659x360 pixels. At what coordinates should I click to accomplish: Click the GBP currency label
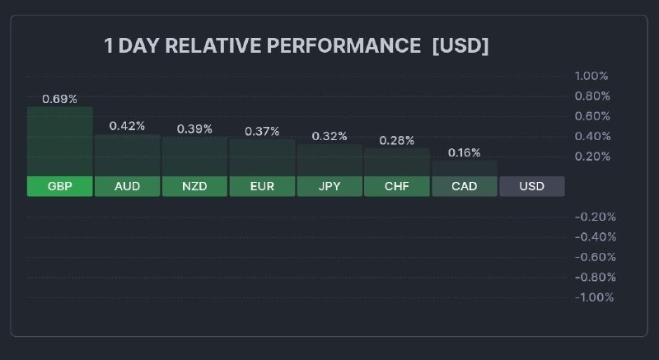pyautogui.click(x=60, y=186)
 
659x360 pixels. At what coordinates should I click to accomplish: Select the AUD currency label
pyautogui.click(x=127, y=186)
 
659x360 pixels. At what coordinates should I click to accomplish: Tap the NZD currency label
pyautogui.click(x=194, y=186)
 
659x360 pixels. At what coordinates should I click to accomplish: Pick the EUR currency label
pyautogui.click(x=262, y=186)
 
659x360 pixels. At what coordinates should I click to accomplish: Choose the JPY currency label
pyautogui.click(x=329, y=186)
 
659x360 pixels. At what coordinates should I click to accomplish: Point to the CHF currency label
pyautogui.click(x=396, y=186)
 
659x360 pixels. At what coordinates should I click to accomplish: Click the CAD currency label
pyautogui.click(x=464, y=186)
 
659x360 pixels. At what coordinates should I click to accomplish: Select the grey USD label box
pyautogui.click(x=532, y=186)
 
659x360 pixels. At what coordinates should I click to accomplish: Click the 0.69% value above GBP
pyautogui.click(x=59, y=99)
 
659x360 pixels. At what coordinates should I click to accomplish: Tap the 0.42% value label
pyautogui.click(x=127, y=126)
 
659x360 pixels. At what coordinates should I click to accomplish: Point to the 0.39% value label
pyautogui.click(x=194, y=129)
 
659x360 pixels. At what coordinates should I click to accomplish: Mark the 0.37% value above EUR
pyautogui.click(x=262, y=131)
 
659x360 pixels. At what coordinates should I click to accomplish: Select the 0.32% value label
pyautogui.click(x=329, y=136)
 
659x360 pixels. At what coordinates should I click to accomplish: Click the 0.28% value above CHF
pyautogui.click(x=396, y=141)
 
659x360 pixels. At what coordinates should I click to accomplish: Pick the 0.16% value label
pyautogui.click(x=464, y=152)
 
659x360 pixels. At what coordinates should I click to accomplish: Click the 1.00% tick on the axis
pyautogui.click(x=591, y=76)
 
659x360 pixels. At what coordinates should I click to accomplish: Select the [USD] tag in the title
pyautogui.click(x=460, y=46)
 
